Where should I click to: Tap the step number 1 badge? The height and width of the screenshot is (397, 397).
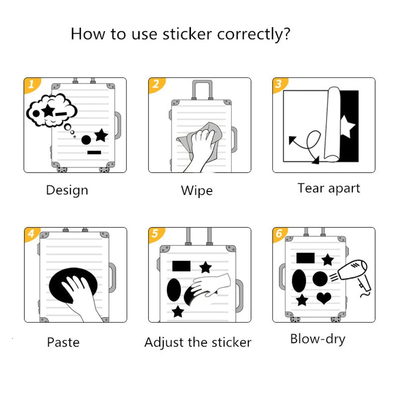(x=31, y=85)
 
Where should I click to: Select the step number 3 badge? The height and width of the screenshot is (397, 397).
(x=278, y=84)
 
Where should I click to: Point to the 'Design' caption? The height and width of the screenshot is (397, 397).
(x=67, y=190)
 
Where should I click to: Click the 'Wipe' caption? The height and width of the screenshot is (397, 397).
(x=197, y=191)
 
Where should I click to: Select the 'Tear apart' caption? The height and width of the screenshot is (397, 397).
(x=329, y=189)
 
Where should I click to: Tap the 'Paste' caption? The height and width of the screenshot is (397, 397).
(x=63, y=342)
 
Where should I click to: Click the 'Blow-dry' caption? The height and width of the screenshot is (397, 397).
(x=318, y=339)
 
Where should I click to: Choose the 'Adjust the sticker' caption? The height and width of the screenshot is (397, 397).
(x=198, y=342)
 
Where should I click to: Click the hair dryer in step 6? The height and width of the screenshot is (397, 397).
(x=353, y=275)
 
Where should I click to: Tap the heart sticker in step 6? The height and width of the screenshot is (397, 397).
(x=324, y=298)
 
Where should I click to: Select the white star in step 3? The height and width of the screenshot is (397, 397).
(x=348, y=128)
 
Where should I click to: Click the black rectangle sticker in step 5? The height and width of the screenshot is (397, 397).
(x=181, y=266)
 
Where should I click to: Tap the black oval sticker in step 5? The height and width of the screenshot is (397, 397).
(x=174, y=290)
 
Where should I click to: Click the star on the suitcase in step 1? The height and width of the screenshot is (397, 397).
(x=101, y=134)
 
